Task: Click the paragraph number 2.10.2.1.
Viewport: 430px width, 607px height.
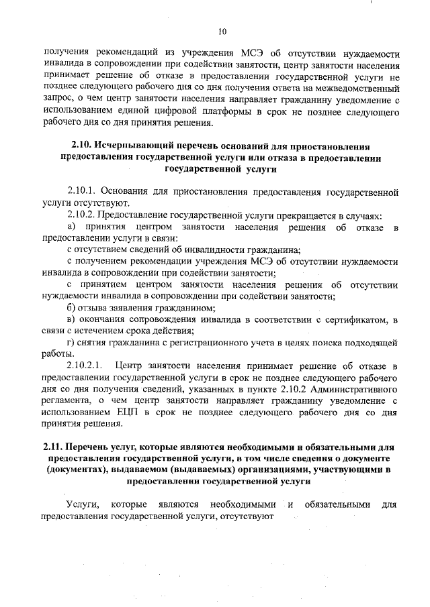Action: (87, 366)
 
